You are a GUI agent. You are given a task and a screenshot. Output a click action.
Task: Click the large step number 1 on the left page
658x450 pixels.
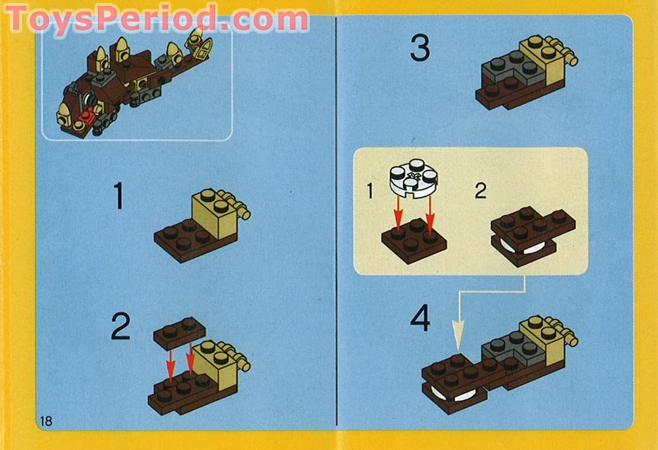[x=118, y=195]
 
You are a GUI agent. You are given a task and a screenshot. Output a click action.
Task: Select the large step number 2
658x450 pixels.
[x=121, y=326]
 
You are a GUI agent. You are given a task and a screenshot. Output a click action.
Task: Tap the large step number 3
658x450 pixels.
[x=421, y=48]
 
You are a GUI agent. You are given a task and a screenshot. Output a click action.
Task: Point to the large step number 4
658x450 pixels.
[x=421, y=318]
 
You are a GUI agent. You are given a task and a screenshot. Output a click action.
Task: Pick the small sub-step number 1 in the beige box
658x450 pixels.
[x=369, y=191]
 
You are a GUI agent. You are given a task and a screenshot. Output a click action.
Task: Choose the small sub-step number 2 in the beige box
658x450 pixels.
[x=480, y=191]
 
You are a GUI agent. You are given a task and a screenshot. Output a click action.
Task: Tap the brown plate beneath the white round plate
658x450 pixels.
[x=414, y=240]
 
